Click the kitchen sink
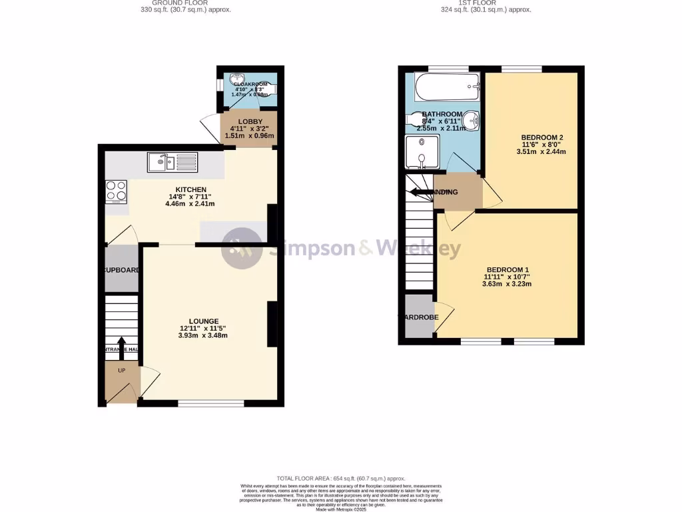(x=172, y=161)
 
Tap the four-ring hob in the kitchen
(x=115, y=191)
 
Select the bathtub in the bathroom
(x=446, y=86)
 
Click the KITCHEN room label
(x=190, y=190)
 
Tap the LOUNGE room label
(x=202, y=321)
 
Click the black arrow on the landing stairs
(x=421, y=193)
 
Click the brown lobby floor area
(x=247, y=129)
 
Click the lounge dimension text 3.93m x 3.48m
(x=202, y=335)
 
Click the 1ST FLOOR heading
(x=478, y=3)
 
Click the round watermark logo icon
(x=241, y=248)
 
